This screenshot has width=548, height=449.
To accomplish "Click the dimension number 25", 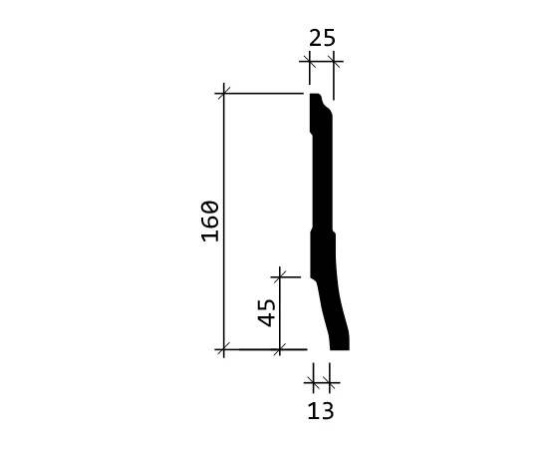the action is click(322, 38).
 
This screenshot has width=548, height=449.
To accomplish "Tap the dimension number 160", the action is click(210, 222).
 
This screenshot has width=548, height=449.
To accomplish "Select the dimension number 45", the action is click(266, 313).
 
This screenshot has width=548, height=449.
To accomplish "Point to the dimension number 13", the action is click(321, 411).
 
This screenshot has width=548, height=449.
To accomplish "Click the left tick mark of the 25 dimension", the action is click(309, 62).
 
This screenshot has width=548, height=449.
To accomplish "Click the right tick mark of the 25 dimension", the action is click(333, 62).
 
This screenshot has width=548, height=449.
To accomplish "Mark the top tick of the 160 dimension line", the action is click(224, 94).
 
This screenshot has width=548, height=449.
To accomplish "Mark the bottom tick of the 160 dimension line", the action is click(224, 349).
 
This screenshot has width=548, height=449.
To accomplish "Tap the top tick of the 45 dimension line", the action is click(280, 277).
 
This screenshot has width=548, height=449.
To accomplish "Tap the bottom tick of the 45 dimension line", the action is click(280, 349).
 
